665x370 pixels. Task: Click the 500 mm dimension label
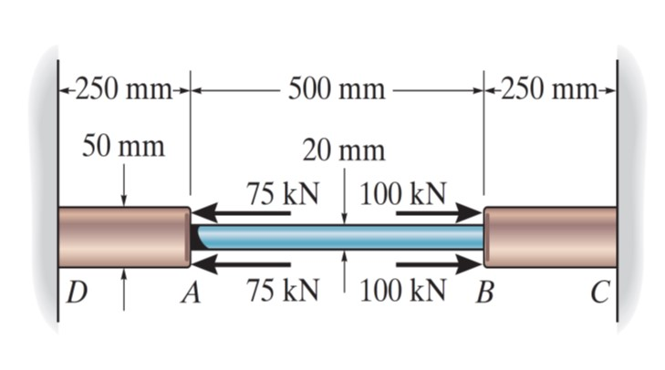(336, 89)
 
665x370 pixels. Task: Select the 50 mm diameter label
(123, 146)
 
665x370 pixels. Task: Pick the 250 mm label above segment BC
(551, 89)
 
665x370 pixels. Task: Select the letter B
(483, 294)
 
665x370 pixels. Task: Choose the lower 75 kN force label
(282, 293)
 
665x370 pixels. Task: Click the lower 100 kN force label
(404, 293)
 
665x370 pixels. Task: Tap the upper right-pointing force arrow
(439, 214)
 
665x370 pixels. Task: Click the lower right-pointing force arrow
(439, 264)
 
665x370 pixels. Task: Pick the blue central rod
(338, 238)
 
